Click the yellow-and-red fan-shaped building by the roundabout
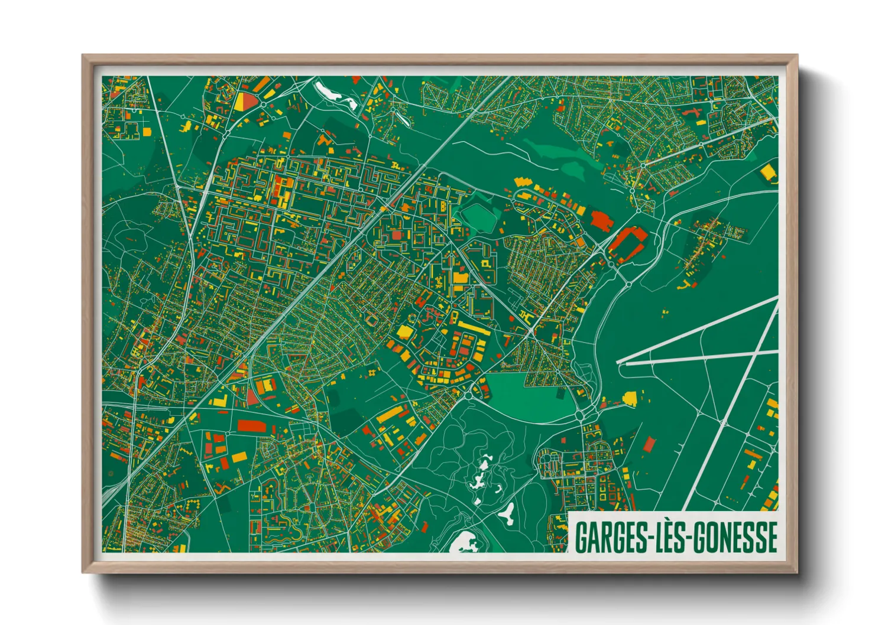[x=245, y=101]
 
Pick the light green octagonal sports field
[x=478, y=217]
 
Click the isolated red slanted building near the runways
[x=649, y=444]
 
